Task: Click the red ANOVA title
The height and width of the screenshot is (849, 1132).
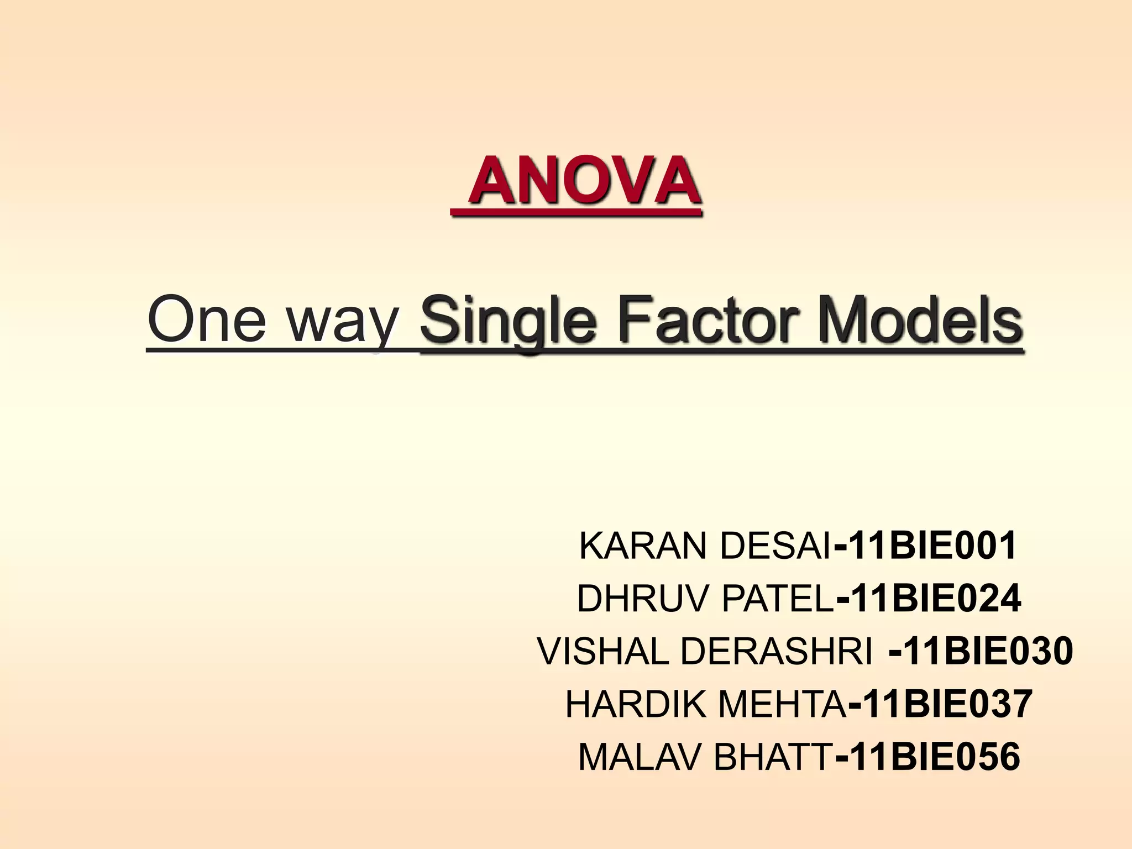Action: pos(585,181)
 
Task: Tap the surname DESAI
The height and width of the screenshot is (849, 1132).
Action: pos(775,546)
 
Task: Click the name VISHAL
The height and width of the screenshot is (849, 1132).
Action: pos(603,651)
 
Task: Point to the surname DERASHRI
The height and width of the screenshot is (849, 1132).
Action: pos(777,651)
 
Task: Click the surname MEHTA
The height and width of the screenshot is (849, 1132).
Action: pos(782,704)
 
